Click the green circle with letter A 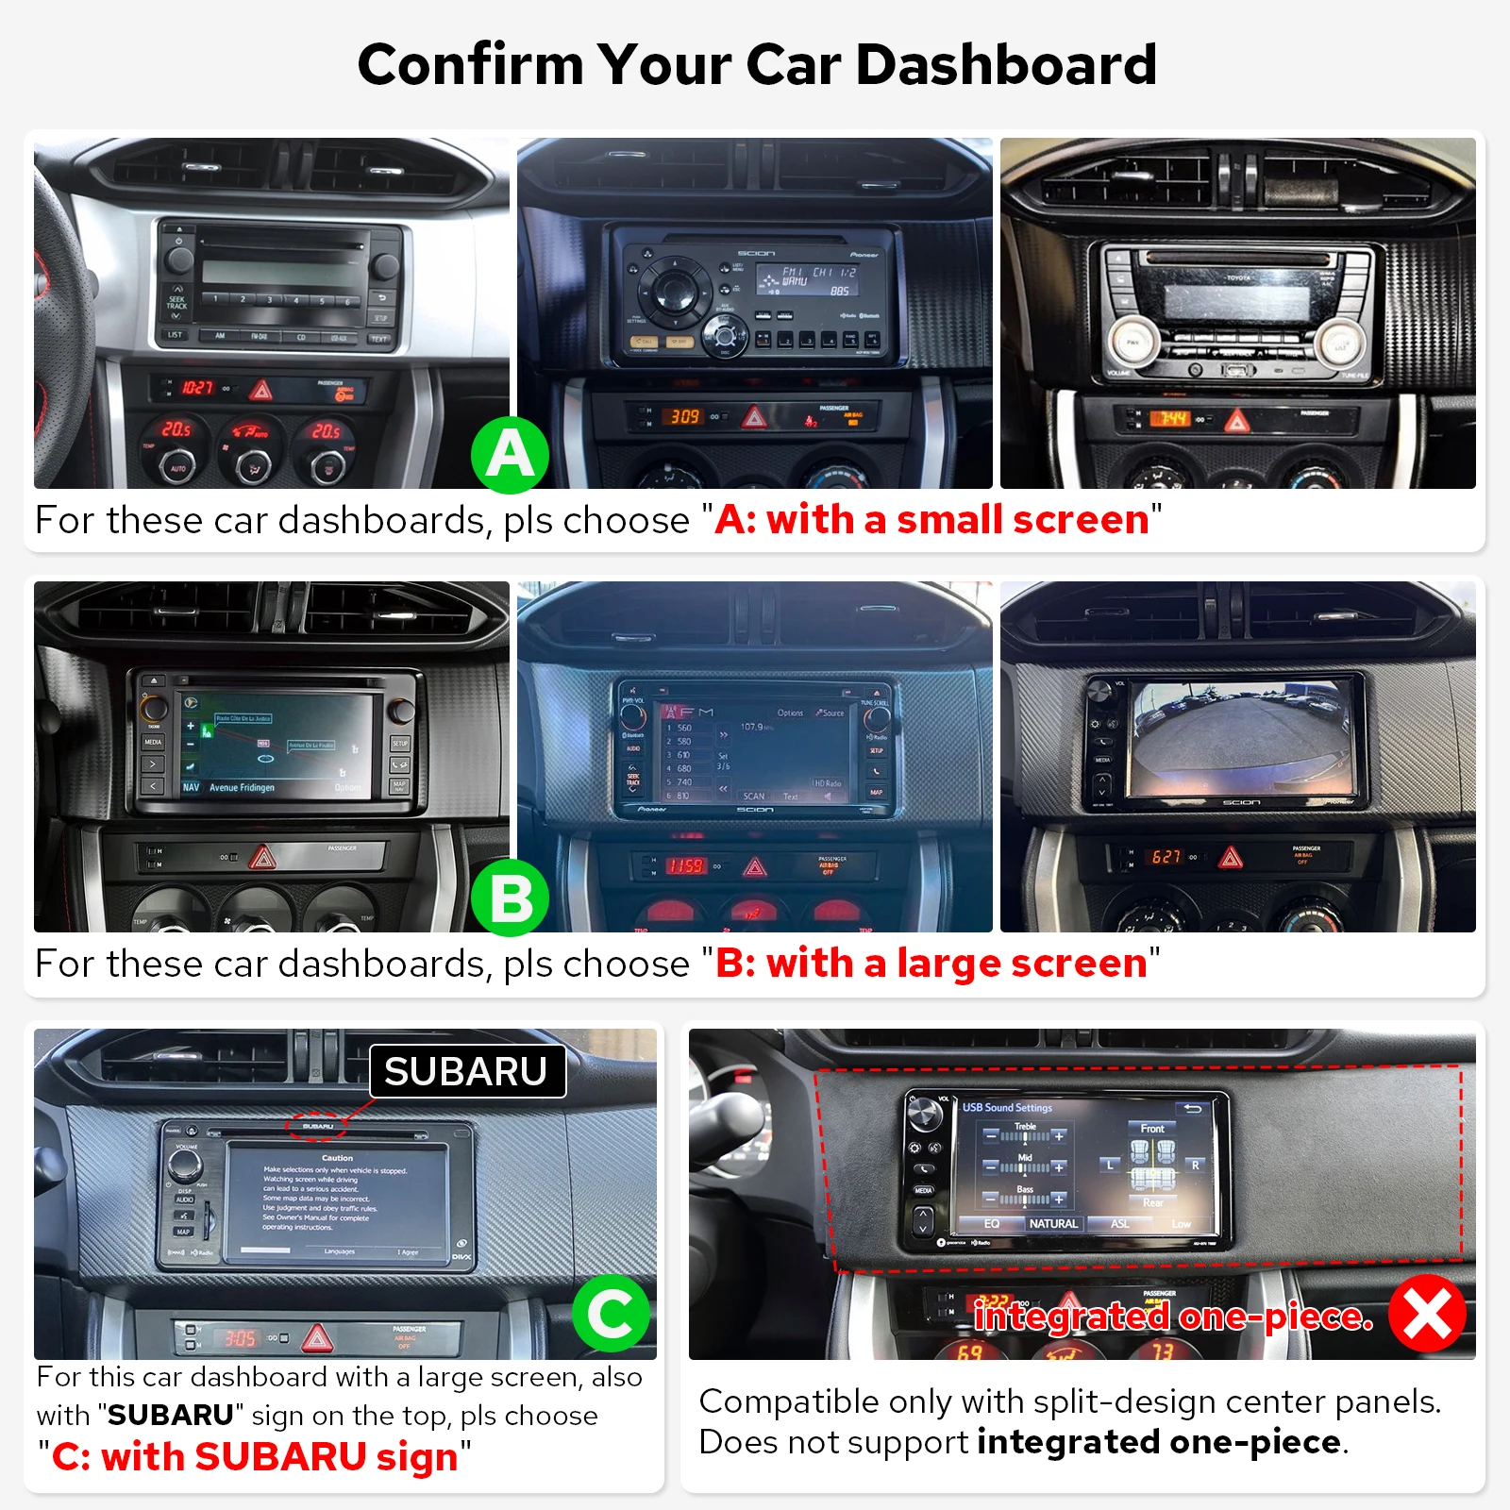[510, 454]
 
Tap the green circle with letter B [510, 898]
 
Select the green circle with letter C [611, 1313]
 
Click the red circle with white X [1427, 1313]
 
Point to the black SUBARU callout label [467, 1071]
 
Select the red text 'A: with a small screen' [931, 520]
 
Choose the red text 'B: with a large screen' [931, 964]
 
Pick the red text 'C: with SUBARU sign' [255, 1456]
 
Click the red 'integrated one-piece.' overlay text [1173, 1316]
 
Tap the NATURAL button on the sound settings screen [1053, 1223]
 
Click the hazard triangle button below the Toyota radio [1236, 420]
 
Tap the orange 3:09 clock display [685, 416]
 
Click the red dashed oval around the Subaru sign [317, 1125]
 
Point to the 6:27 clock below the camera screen [1166, 857]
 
